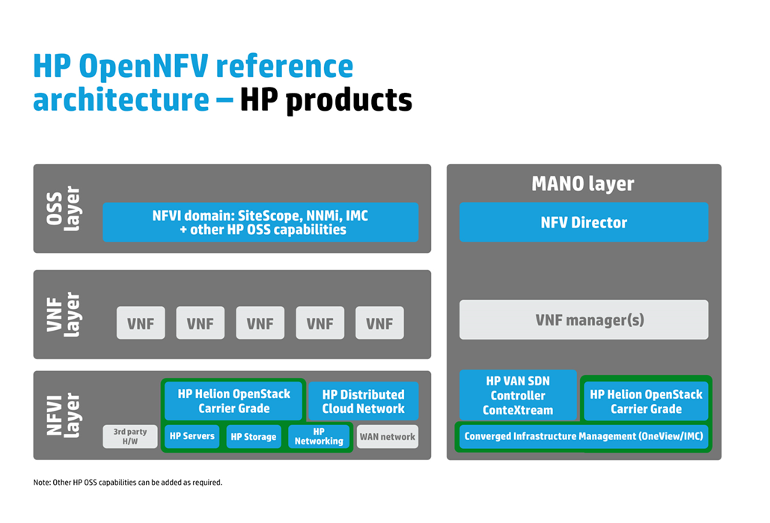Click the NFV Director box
click(x=583, y=222)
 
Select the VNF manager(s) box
click(x=583, y=320)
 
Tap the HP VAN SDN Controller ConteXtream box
click(x=518, y=395)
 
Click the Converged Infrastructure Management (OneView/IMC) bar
click(x=583, y=436)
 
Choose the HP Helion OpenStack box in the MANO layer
click(x=646, y=401)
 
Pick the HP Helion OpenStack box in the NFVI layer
click(x=233, y=400)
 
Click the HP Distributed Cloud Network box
click(x=363, y=401)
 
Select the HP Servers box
click(x=192, y=436)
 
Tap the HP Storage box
click(x=254, y=437)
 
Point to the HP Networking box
click(x=319, y=436)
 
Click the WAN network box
click(x=387, y=436)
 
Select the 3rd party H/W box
click(x=130, y=436)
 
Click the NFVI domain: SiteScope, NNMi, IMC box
click(x=260, y=222)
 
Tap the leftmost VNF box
click(x=141, y=323)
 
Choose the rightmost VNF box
click(x=379, y=323)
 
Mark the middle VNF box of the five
click(x=260, y=323)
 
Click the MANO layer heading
click(x=583, y=183)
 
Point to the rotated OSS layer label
click(x=63, y=209)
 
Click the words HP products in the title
click(x=326, y=100)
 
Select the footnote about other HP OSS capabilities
click(x=128, y=483)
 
